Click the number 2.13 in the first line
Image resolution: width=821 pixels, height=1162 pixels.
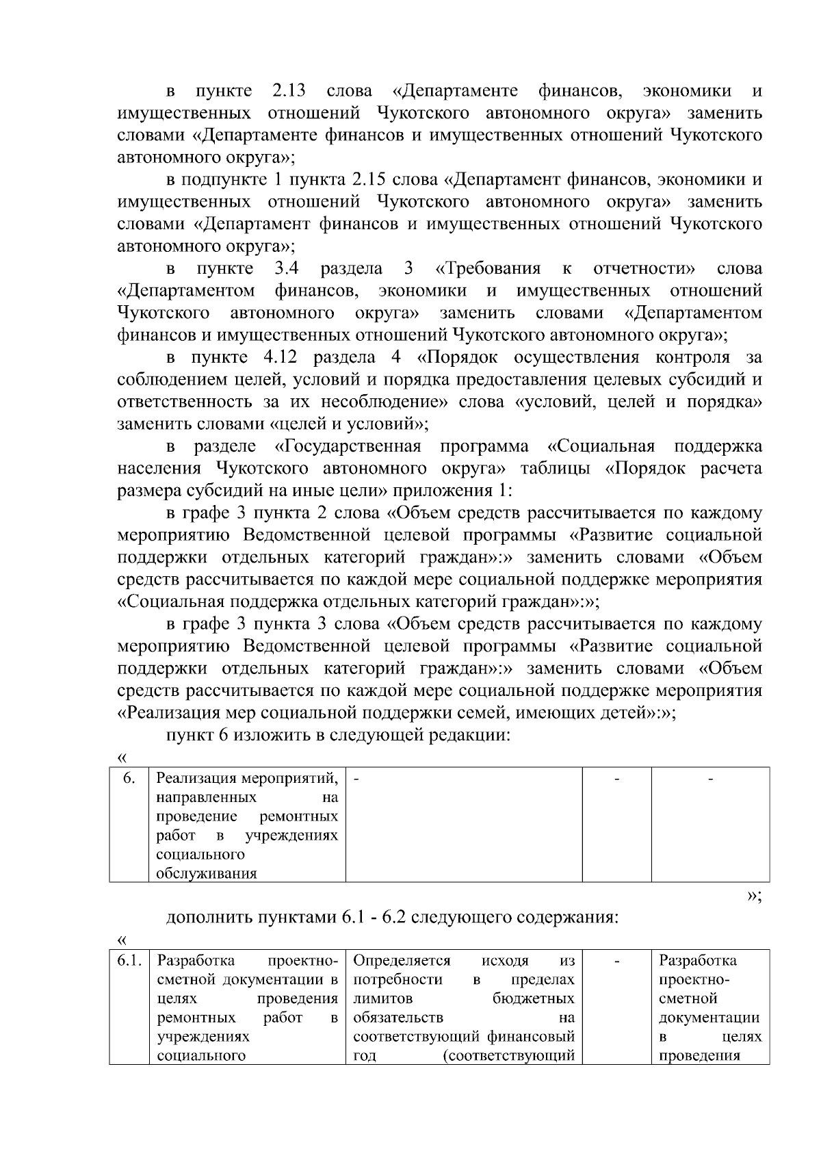tap(289, 91)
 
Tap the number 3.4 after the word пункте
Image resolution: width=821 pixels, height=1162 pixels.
tap(287, 268)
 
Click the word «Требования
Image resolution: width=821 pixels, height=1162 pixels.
tap(487, 268)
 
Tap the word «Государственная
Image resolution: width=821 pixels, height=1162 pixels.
tap(348, 446)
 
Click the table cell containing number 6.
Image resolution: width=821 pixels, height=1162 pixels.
tap(129, 778)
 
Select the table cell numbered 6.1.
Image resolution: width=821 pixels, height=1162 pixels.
tap(129, 960)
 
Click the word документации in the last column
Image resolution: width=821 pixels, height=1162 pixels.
tap(709, 1018)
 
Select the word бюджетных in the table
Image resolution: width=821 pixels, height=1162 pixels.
tap(533, 998)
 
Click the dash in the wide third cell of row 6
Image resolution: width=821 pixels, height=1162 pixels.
tap(356, 778)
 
